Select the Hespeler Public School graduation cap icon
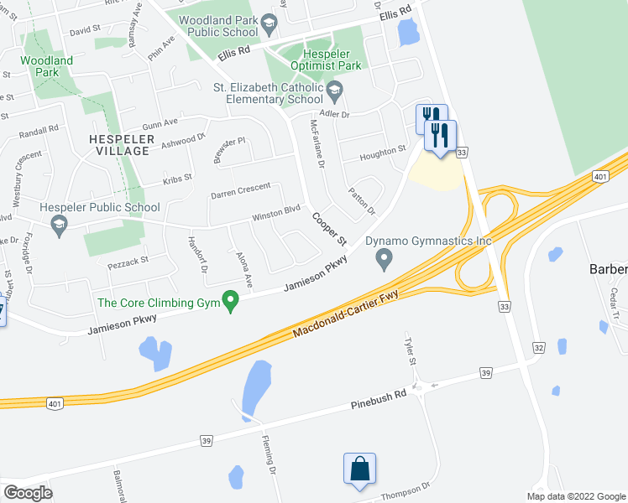(x=59, y=225)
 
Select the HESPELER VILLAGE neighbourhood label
(x=121, y=144)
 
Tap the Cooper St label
(x=328, y=228)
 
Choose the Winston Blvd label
(x=276, y=215)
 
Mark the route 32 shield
(x=539, y=347)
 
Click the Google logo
(x=28, y=493)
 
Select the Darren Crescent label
(x=241, y=191)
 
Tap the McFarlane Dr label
(x=317, y=145)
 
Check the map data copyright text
(x=576, y=496)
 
